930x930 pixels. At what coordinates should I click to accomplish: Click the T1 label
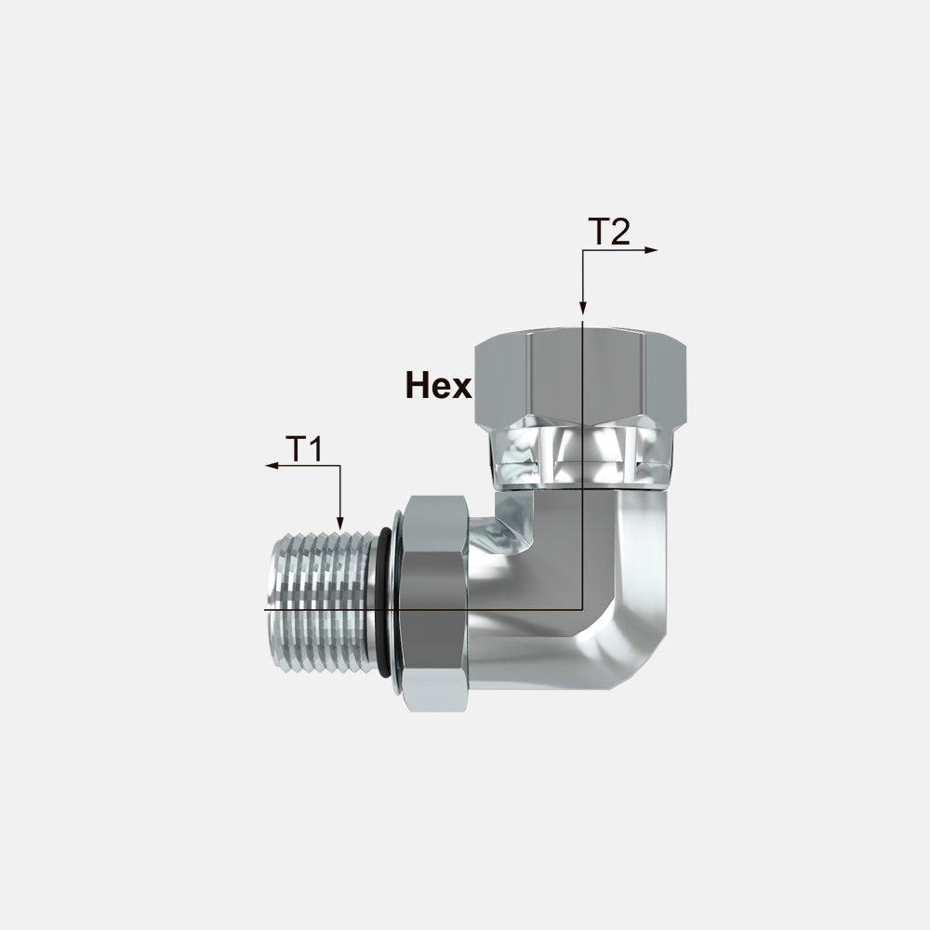click(304, 449)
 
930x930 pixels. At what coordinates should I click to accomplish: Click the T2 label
click(609, 232)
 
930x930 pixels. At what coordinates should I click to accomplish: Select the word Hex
click(439, 385)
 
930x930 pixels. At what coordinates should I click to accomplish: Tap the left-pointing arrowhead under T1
click(272, 466)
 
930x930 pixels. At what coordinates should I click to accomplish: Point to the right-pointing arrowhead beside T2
click(651, 250)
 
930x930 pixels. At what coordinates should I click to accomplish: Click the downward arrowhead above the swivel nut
click(583, 307)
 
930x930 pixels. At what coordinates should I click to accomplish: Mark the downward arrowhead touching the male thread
click(339, 523)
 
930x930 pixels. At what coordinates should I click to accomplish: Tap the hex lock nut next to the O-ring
click(434, 604)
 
